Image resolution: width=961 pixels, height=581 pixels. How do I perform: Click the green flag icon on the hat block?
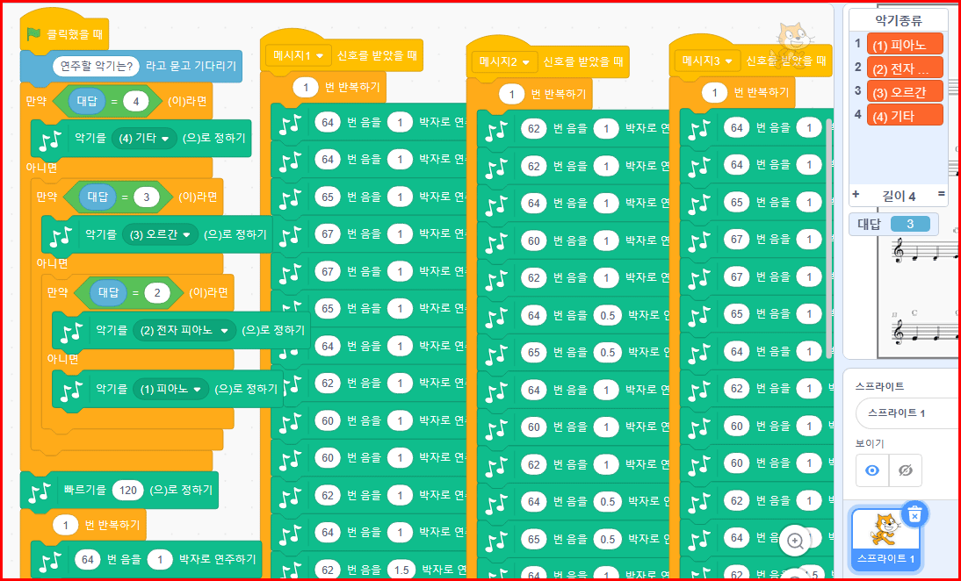click(33, 34)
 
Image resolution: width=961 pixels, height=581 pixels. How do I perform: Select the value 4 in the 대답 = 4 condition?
click(136, 101)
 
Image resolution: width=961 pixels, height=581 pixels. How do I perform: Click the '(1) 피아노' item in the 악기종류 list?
click(904, 44)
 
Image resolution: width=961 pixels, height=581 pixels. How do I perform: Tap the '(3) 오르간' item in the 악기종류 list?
click(904, 91)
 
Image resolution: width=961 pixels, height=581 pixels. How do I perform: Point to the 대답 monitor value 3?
click(910, 224)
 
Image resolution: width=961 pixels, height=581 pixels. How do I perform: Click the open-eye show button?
click(872, 470)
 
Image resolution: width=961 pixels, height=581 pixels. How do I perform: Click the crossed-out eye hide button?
click(906, 470)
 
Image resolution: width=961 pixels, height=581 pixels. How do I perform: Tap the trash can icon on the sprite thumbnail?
click(914, 515)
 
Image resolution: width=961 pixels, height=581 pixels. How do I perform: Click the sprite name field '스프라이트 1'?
click(902, 412)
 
